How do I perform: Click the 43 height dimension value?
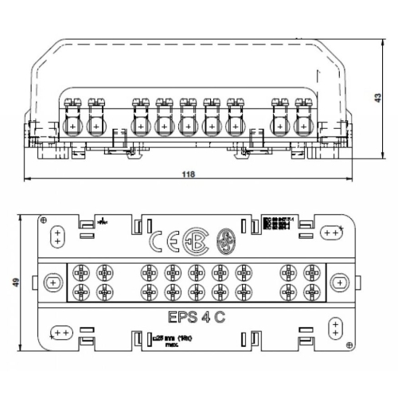coord(377,96)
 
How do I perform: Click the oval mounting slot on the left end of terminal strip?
coord(53,281)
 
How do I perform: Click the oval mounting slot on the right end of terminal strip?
coord(338,282)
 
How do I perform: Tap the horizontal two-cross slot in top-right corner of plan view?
coord(331,232)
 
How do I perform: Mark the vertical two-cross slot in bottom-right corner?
coord(335,327)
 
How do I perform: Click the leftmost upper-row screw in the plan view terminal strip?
coord(80,271)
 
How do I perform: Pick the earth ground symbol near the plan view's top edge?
coord(104,219)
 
